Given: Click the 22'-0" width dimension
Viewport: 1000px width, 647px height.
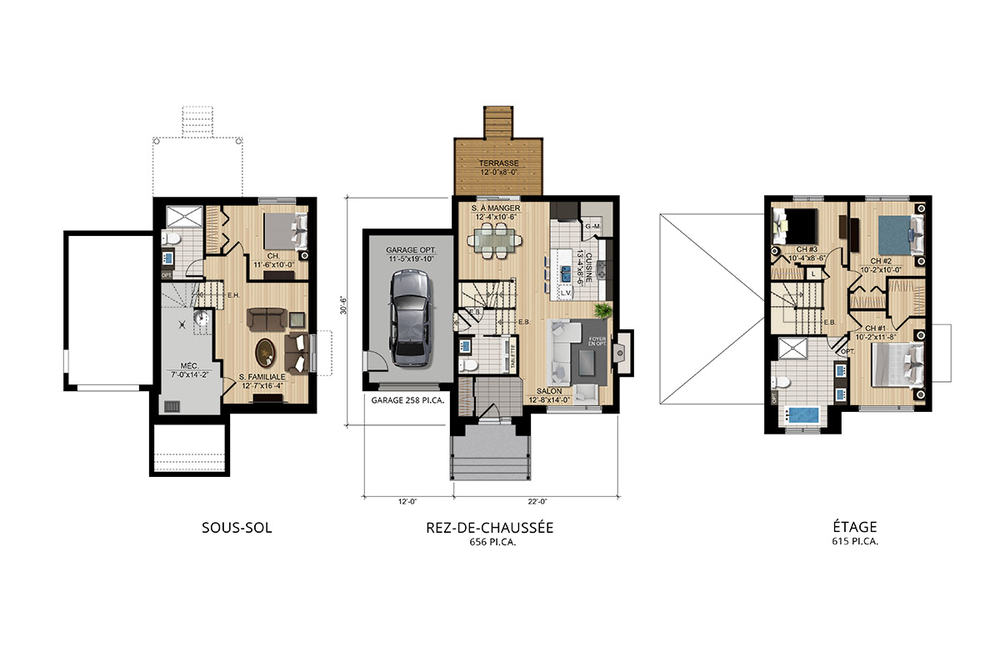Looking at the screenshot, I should (536, 501).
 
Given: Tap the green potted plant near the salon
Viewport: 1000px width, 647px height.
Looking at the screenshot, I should (602, 310).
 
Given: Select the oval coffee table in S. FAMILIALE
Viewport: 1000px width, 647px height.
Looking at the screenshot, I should (265, 352).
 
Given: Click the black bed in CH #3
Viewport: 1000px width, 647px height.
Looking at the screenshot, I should (797, 226).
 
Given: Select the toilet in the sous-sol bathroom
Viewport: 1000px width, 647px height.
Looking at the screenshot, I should (170, 239).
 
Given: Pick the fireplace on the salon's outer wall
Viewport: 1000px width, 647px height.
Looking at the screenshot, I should (621, 351).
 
